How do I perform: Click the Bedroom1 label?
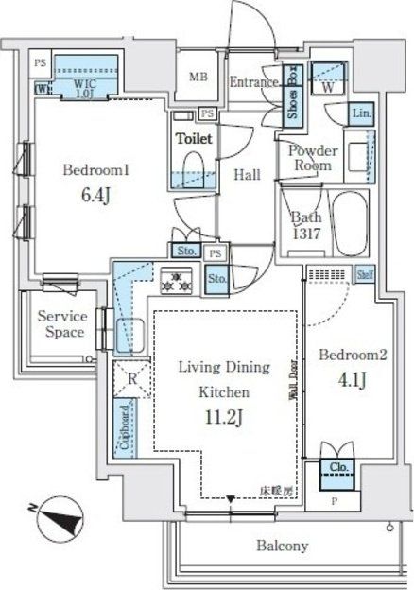[x=95, y=171]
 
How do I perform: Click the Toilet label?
[x=193, y=138]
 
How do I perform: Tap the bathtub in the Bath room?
[x=352, y=224]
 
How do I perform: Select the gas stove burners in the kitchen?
[x=176, y=279]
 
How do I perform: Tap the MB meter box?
[x=198, y=78]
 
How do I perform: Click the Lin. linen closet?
[x=361, y=113]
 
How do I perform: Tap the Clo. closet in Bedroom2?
[x=336, y=467]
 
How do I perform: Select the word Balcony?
[x=281, y=547]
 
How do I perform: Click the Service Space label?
[x=61, y=324]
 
